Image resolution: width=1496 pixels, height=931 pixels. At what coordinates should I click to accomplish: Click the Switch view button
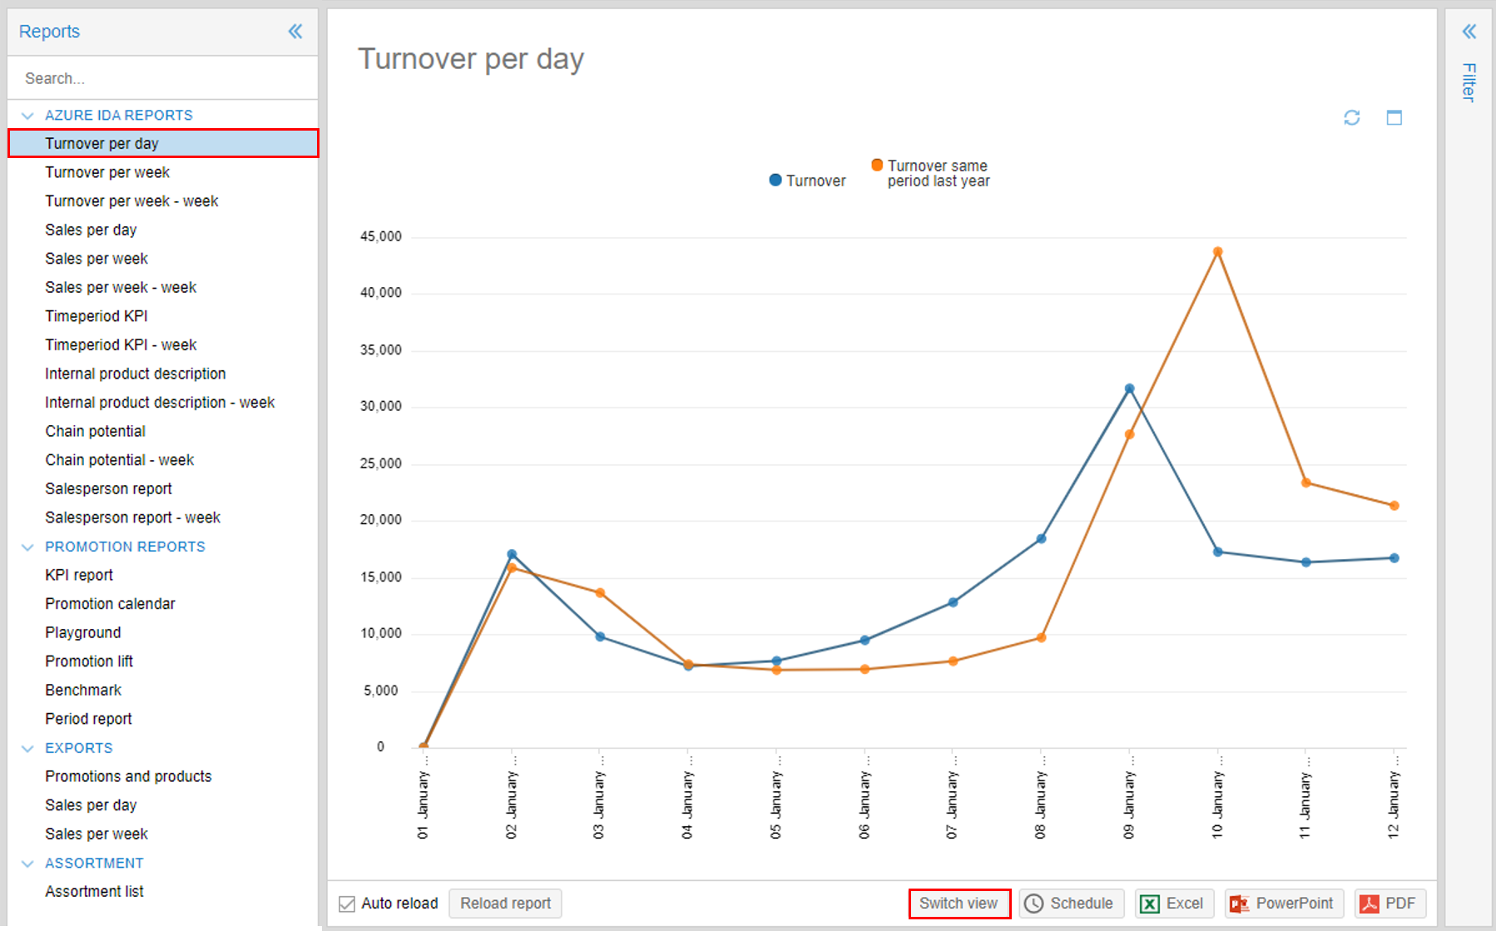point(959,904)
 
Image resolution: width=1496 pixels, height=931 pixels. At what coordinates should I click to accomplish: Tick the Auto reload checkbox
point(347,904)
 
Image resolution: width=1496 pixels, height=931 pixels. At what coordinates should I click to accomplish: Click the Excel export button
point(1174,904)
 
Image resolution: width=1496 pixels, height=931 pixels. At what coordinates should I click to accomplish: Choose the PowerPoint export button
point(1284,904)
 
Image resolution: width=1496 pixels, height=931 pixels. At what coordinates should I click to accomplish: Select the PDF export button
point(1389,904)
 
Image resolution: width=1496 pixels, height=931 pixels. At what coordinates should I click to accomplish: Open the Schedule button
point(1071,904)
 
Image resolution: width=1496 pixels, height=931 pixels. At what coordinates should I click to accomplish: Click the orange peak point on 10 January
point(1217,251)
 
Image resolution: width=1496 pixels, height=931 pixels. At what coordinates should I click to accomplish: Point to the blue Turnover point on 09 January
point(1129,389)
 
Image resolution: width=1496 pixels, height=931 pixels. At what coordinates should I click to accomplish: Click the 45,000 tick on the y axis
point(381,237)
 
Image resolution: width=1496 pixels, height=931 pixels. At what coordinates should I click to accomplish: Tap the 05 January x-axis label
point(776,804)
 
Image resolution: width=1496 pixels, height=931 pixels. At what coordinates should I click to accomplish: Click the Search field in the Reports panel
point(162,78)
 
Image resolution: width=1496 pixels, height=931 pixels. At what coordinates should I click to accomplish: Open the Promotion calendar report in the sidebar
point(110,604)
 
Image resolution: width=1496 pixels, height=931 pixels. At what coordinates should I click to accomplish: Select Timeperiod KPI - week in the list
point(121,345)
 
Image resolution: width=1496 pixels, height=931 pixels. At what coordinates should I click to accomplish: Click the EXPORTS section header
point(79,748)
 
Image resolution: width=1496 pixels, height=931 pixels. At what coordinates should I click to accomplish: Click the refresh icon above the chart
point(1351,118)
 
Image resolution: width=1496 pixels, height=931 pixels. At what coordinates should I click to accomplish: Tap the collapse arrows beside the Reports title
point(295,32)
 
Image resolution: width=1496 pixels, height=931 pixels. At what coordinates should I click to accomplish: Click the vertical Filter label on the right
point(1469,82)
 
